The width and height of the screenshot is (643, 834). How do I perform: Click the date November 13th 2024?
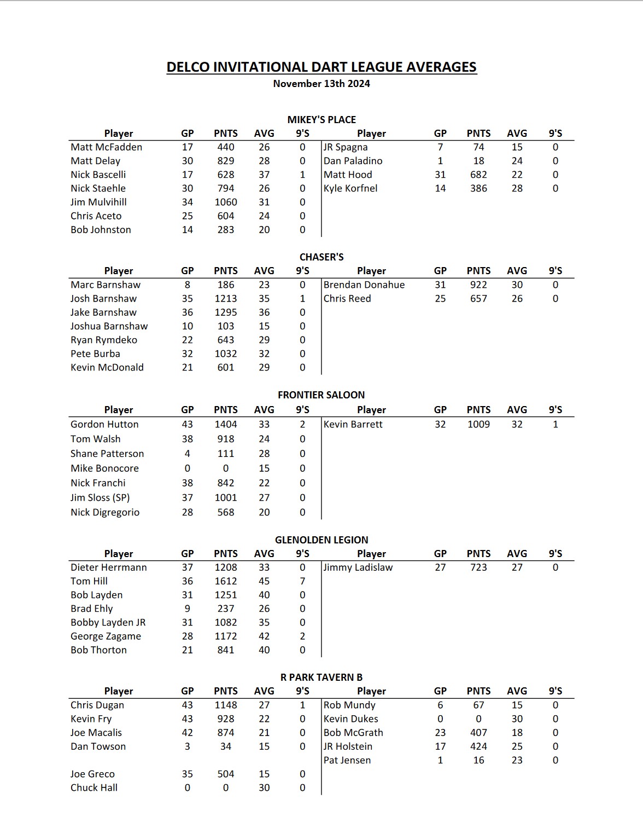[321, 84]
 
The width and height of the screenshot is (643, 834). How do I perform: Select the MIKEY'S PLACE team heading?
[321, 120]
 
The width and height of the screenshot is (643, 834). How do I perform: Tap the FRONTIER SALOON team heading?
[321, 395]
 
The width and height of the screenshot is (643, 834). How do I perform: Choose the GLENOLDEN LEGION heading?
[321, 540]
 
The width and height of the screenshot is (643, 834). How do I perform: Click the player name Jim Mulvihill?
[98, 202]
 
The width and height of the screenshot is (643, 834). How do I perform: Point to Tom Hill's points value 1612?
[226, 581]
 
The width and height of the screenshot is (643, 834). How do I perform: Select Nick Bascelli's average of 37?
[264, 175]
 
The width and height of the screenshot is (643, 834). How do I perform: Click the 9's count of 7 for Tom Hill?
[302, 581]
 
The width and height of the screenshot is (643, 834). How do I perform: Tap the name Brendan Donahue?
[364, 285]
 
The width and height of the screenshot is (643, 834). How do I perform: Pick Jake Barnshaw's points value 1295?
[226, 312]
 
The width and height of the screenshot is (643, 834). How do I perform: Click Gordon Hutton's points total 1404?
[226, 424]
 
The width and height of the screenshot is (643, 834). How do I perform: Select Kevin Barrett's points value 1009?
[478, 424]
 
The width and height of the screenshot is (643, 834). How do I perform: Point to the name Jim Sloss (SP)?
[100, 497]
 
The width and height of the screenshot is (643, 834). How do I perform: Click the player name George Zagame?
[106, 636]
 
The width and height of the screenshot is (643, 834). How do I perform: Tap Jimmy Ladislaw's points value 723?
[478, 567]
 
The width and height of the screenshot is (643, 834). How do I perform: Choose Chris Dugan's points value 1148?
[226, 705]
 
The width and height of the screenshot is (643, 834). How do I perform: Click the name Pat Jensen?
[347, 760]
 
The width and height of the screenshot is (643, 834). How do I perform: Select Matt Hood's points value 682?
[478, 175]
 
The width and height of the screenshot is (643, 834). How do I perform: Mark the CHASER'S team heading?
[321, 257]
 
